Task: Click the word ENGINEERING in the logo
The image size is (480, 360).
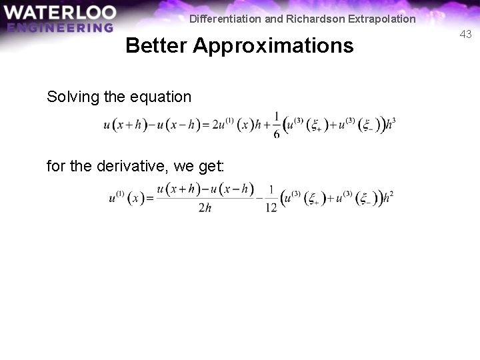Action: [61, 27]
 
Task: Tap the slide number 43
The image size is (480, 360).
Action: [465, 34]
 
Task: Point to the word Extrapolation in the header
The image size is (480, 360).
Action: [379, 19]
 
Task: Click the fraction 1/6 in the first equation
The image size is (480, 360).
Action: [277, 125]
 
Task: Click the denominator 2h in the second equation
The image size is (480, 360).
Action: [205, 208]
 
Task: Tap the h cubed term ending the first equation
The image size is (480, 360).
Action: [391, 124]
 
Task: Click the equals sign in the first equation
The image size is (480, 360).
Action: [205, 125]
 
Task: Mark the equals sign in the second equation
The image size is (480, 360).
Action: [150, 198]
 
